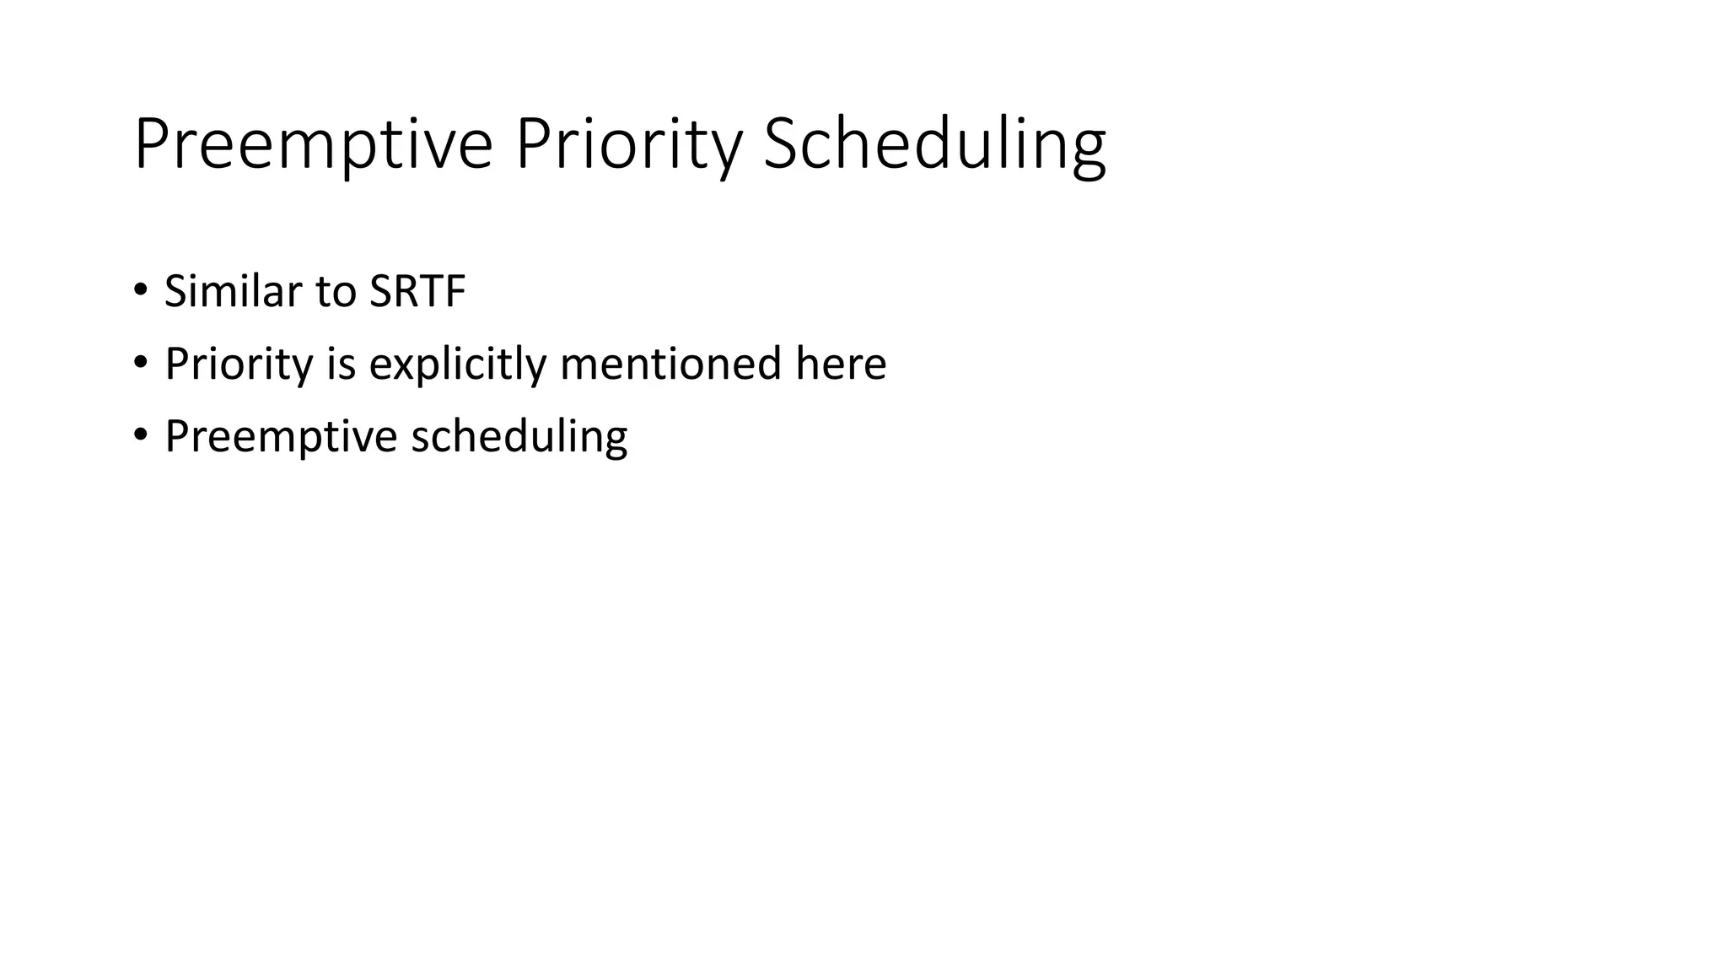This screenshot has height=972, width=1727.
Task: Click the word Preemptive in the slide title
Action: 313,145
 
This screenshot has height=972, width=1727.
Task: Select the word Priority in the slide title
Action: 628,145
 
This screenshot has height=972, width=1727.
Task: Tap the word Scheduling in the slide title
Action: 933,145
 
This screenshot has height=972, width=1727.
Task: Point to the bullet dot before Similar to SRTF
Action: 140,290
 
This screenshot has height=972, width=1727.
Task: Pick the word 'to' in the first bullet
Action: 336,291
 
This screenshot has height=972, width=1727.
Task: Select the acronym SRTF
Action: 417,291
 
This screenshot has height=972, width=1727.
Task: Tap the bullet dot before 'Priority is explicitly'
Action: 140,363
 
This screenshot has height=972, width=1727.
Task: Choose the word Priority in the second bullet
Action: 239,364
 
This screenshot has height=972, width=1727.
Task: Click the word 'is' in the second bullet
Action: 342,364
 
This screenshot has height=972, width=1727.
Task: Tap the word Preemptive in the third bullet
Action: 281,437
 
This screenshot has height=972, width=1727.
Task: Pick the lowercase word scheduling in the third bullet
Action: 519,437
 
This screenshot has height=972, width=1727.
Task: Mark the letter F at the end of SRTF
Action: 455,291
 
